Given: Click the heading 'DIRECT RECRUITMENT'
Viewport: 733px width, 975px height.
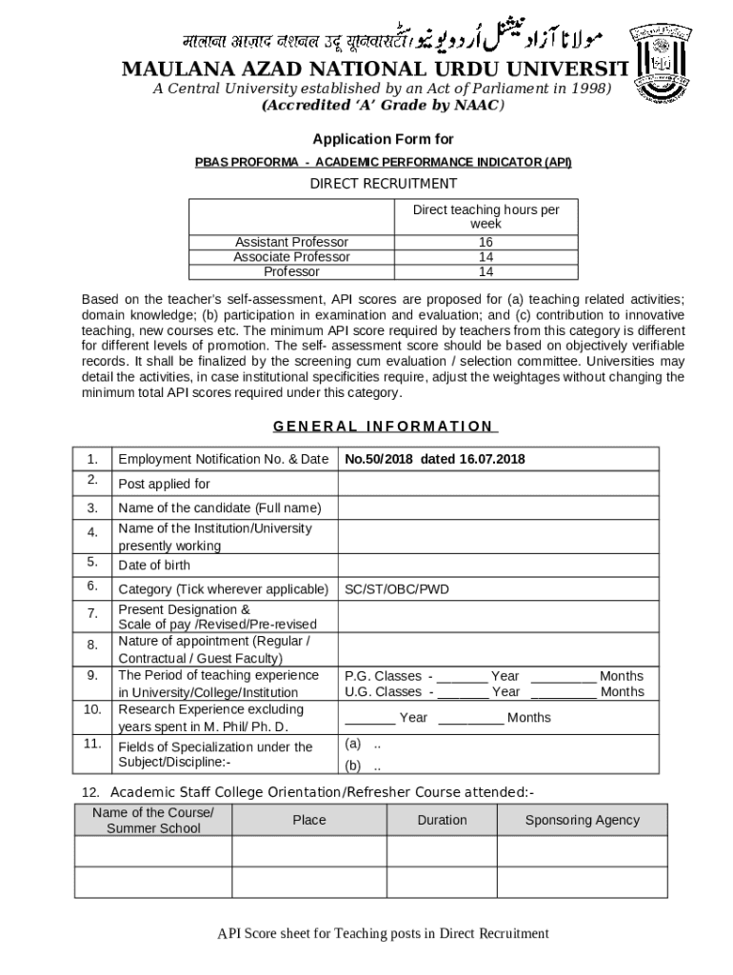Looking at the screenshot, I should coord(384,184).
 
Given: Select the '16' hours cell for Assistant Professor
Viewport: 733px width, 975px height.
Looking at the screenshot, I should coord(485,242).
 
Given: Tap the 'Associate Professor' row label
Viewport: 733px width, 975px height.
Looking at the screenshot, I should coord(291,257).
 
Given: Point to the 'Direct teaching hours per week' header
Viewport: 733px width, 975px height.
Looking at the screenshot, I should coord(485,216).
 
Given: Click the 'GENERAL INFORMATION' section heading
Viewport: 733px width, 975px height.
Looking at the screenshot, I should coord(384,427).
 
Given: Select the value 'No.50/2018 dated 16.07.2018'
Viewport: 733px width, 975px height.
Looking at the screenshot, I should coord(435,459).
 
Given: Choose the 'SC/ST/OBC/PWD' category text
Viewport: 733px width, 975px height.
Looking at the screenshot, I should coord(397,589).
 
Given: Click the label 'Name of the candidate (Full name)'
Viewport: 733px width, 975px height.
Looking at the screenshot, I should coord(220,508).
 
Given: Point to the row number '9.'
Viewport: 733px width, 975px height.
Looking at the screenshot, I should coord(92,675).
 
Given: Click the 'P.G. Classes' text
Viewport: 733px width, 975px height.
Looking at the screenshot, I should coord(383,676).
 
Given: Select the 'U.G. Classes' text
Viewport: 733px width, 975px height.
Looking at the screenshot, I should coord(383,692).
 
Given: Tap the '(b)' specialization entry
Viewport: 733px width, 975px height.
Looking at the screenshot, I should coord(353,766).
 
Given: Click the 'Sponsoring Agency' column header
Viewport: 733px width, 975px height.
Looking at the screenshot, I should coord(583,820).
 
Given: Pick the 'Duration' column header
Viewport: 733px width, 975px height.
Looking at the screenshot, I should coord(442,820).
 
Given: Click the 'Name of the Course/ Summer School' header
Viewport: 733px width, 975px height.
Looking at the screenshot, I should coord(153,820).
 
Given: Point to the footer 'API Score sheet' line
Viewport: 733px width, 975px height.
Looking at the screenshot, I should coord(383,933).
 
